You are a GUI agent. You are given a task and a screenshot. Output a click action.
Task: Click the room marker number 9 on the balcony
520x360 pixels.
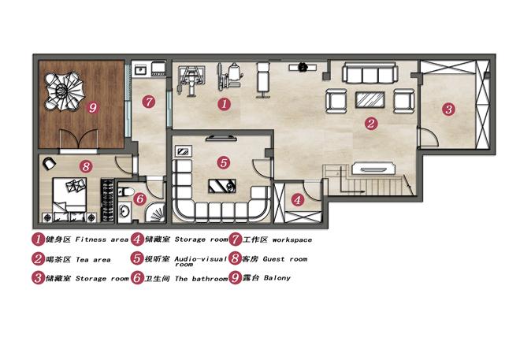coord(93,107)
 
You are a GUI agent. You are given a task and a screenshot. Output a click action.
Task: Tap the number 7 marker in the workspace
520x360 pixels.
coord(149,101)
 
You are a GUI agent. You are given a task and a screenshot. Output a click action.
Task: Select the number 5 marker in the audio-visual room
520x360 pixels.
coord(224,163)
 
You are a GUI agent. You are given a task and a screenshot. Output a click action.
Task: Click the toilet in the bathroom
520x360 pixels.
coord(125,191)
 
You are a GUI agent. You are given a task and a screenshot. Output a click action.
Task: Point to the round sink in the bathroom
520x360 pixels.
coord(124,211)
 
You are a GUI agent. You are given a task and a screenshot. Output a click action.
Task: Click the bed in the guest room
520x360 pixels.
coord(69,195)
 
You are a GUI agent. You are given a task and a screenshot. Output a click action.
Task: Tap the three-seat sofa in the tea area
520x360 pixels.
coord(370,72)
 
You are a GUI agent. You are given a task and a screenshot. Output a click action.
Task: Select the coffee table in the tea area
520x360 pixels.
coord(370,100)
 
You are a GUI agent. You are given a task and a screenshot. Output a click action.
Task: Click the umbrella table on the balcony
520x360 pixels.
coord(64,91)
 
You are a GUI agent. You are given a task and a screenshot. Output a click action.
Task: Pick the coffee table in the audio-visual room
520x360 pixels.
coord(222,186)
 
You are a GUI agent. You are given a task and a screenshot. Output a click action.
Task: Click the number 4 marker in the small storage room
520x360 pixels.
coord(298,200)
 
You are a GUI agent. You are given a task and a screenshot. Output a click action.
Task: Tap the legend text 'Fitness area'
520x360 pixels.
coord(102,239)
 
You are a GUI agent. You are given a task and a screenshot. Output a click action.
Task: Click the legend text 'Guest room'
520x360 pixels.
coord(285,259)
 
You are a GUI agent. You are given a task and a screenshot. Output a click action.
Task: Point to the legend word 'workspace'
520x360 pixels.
coord(292,240)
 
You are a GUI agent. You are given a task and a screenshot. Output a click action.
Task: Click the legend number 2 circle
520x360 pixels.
coord(38,259)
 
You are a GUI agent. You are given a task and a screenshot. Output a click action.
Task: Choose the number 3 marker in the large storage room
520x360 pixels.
coord(448,109)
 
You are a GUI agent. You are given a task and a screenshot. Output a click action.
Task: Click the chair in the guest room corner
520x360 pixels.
coord(49,163)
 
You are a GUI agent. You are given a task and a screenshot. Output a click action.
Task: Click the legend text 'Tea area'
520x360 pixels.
coord(93,259)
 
